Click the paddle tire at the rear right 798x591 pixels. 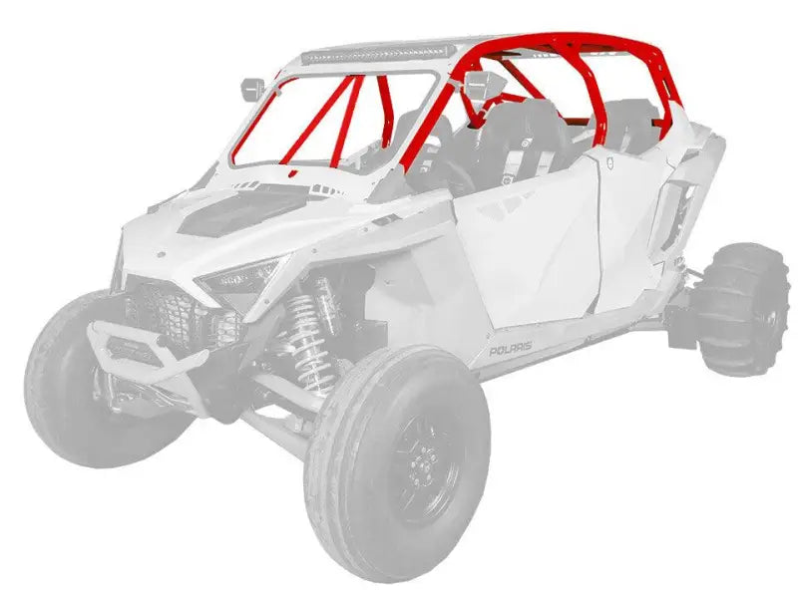click(747, 304)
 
